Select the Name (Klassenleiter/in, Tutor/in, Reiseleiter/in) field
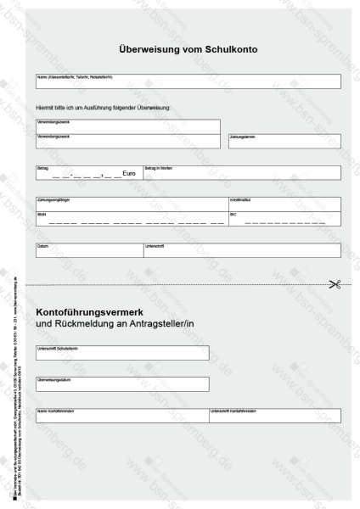pyautogui.click(x=188, y=81)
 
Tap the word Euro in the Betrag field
pyautogui.click(x=129, y=173)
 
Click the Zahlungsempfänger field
pyautogui.click(x=130, y=204)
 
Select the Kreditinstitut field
pyautogui.click(x=284, y=204)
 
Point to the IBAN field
pyautogui.click(x=130, y=219)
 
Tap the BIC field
pyautogui.click(x=284, y=219)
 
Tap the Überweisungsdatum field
pyautogui.click(x=121, y=384)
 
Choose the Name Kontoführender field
pyautogui.click(x=121, y=415)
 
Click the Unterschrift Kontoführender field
pyautogui.click(x=274, y=415)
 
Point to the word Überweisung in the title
pyautogui.click(x=145, y=49)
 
